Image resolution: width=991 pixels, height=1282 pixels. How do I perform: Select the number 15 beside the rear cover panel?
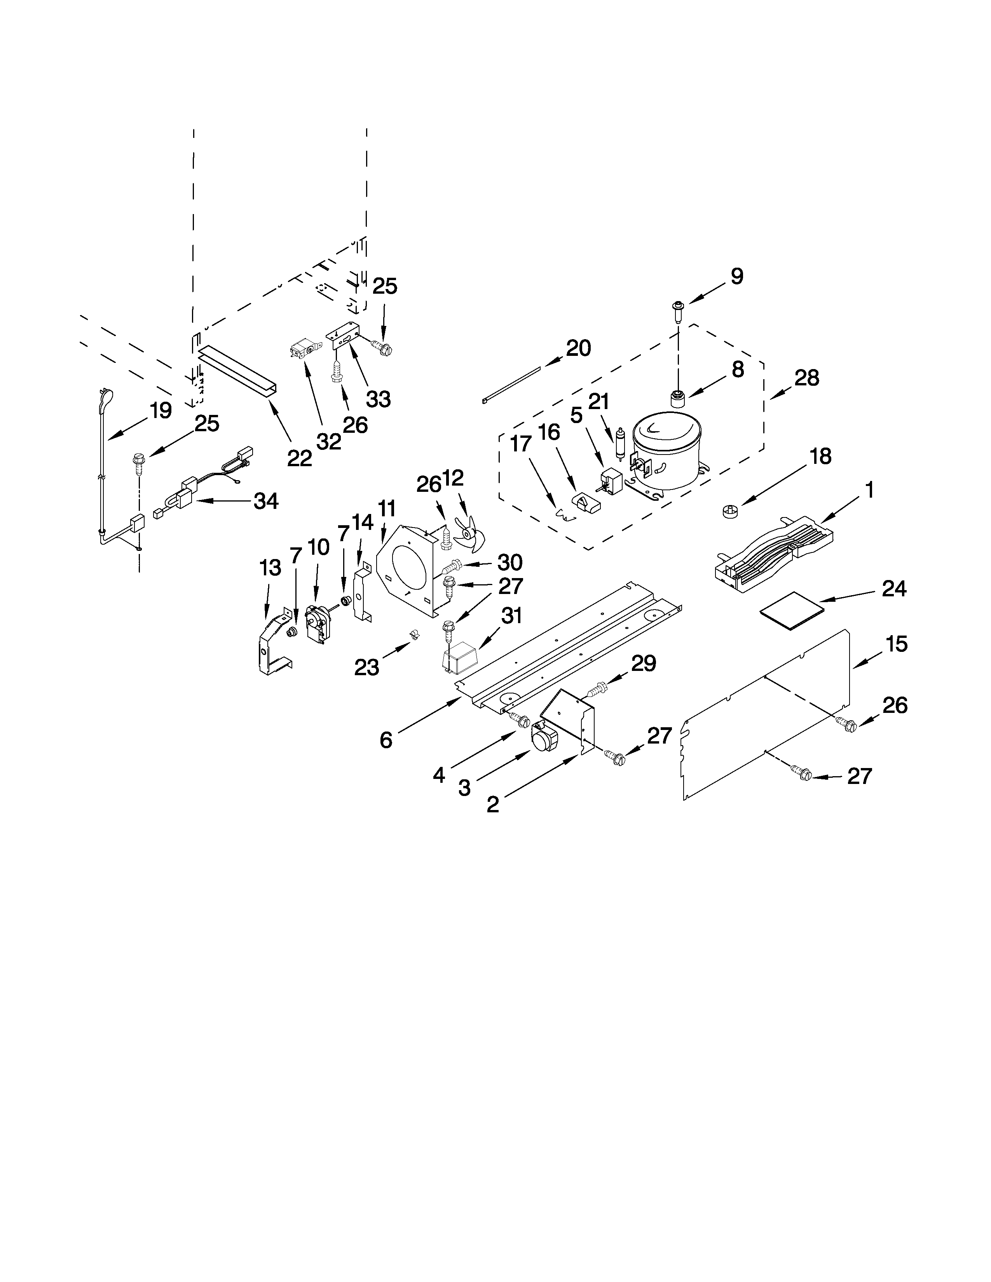point(897,644)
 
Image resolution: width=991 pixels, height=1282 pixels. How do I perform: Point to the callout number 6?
point(386,740)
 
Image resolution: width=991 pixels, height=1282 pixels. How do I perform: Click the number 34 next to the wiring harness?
point(266,501)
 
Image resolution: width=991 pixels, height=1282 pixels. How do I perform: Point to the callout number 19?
point(160,410)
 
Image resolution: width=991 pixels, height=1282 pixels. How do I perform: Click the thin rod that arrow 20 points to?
point(511,385)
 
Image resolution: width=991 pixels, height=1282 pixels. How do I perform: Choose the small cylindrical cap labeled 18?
point(730,511)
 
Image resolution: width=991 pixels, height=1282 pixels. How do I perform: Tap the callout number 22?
point(299,458)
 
